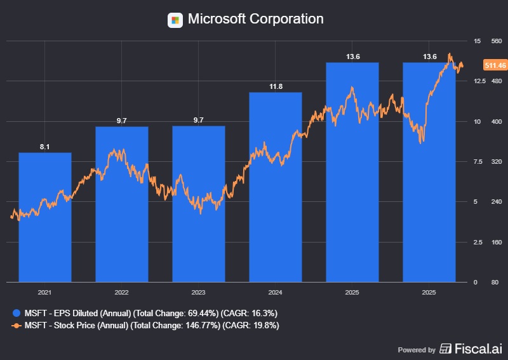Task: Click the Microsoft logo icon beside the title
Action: coord(175,20)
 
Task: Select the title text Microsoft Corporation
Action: coord(255,19)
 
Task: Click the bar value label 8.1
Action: coord(44,147)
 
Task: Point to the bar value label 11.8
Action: coord(276,87)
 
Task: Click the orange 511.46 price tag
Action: coord(494,65)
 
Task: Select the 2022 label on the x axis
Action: coord(121,293)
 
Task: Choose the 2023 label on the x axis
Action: coord(198,293)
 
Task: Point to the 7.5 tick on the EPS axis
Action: coord(478,162)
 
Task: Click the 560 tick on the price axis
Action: coord(497,41)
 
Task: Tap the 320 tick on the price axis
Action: coord(497,162)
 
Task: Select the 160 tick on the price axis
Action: coord(497,243)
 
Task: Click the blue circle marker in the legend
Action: coord(16,313)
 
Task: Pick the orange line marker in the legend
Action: coord(16,326)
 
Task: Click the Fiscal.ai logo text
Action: coord(478,349)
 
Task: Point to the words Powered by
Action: coord(417,349)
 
